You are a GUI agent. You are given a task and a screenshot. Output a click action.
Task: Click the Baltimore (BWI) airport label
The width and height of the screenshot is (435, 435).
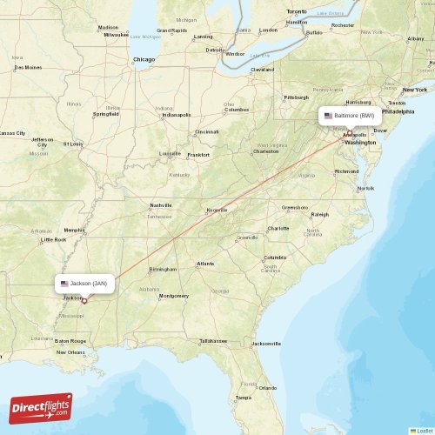click(349, 115)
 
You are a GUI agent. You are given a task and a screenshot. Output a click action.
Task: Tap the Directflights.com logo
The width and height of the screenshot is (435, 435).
click(41, 407)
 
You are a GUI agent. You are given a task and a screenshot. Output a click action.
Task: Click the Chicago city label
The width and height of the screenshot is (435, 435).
click(144, 59)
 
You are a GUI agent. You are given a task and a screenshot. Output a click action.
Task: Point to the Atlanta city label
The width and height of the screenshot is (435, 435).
click(205, 263)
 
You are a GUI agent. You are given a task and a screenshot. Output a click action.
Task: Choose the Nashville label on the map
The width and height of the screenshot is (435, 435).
click(161, 205)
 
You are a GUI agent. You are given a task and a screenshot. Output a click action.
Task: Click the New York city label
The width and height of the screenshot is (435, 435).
click(414, 90)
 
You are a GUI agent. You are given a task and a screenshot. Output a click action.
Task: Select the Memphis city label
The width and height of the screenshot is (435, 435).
click(75, 231)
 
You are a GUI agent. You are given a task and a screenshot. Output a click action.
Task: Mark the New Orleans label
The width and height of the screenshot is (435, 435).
click(70, 351)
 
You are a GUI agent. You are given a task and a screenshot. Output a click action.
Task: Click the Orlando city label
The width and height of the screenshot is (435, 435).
click(267, 387)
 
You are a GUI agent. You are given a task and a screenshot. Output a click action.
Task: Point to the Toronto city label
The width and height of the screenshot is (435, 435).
click(297, 11)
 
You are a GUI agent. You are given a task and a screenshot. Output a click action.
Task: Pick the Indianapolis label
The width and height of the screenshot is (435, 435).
click(176, 114)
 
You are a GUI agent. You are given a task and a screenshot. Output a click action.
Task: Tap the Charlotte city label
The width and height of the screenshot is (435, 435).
click(278, 228)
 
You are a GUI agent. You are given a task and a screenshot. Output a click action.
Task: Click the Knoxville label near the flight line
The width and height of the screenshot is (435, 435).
click(217, 210)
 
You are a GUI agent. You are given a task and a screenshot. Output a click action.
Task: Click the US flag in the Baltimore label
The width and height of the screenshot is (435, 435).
click(328, 115)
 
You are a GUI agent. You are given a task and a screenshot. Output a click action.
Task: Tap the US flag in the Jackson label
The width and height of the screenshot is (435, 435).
click(64, 284)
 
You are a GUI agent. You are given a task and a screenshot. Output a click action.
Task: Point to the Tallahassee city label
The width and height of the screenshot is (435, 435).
click(213, 340)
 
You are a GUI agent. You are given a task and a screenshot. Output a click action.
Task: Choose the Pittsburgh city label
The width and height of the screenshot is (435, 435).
click(296, 97)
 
